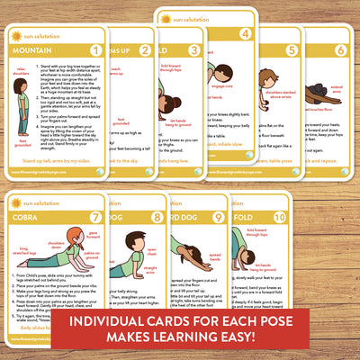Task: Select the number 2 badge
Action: coord(145,49)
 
